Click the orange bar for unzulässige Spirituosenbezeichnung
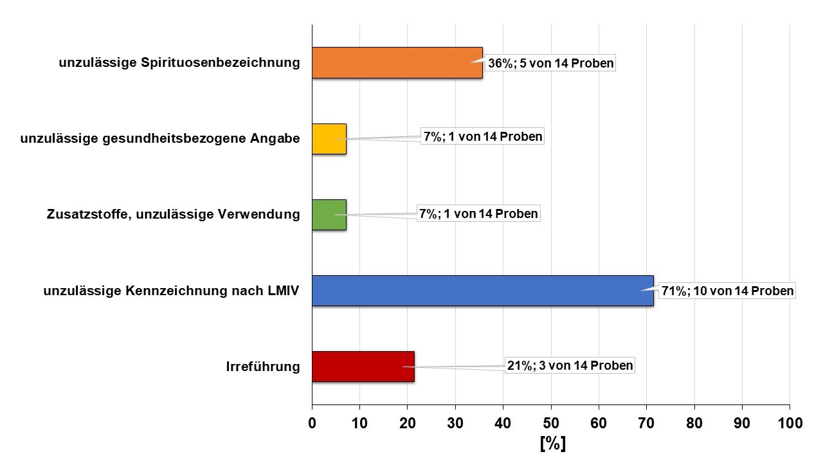(x=397, y=63)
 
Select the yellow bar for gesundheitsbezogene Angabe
(x=329, y=138)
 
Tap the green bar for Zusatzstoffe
(x=329, y=215)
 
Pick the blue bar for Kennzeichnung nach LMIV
(x=482, y=291)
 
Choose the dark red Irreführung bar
(x=363, y=367)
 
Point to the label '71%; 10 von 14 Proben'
(x=728, y=291)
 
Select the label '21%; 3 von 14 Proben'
(x=570, y=365)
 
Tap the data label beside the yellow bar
(x=482, y=137)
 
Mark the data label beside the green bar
(x=478, y=213)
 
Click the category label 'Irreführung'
(x=263, y=367)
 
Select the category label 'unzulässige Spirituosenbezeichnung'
(x=179, y=63)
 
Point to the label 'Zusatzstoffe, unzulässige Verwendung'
(x=173, y=215)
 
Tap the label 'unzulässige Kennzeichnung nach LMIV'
(x=172, y=291)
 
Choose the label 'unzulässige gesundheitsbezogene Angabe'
(x=160, y=139)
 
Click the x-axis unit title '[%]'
(x=552, y=444)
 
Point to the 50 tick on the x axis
(x=551, y=424)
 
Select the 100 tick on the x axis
(x=790, y=424)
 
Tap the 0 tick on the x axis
(x=312, y=424)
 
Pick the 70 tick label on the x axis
(x=647, y=424)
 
